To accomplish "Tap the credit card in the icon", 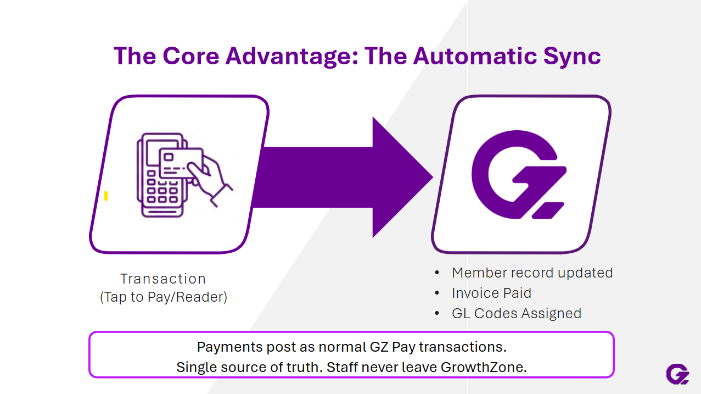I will point(182,162).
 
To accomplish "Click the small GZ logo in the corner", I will point(677,374).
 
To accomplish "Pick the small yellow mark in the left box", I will point(106,196).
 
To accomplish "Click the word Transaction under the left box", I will point(163,279).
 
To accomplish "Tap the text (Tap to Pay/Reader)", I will point(163,297).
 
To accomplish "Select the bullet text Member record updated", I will point(532,273).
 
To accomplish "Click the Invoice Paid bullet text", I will point(491,293).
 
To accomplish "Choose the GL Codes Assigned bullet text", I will point(516,313).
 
